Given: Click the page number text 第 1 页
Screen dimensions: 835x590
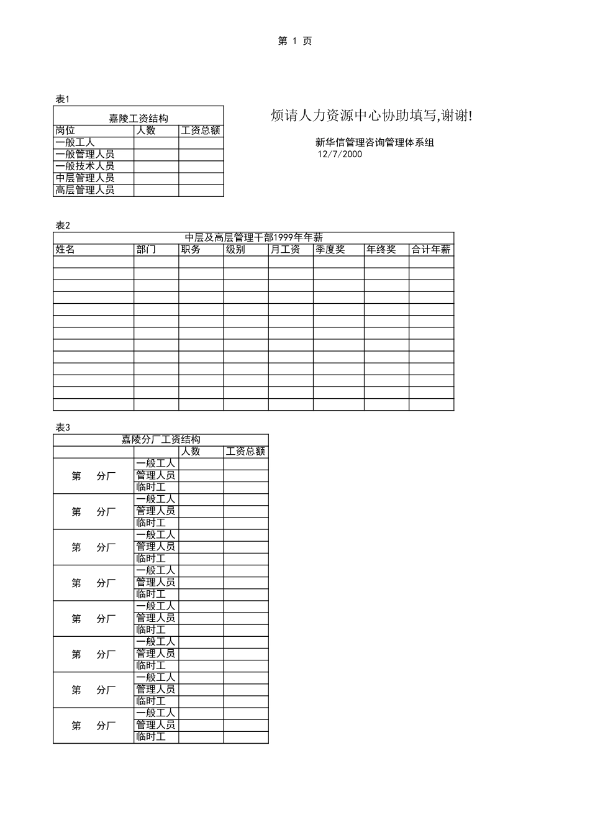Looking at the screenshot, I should click(x=295, y=41).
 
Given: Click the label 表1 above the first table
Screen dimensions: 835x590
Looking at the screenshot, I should click(x=63, y=99).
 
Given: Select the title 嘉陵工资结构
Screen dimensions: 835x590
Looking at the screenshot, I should click(x=138, y=118).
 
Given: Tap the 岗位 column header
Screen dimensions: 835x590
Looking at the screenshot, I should click(x=65, y=130).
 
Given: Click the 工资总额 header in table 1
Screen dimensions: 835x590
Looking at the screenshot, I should click(x=201, y=130).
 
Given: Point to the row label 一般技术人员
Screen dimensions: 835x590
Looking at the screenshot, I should click(x=85, y=166).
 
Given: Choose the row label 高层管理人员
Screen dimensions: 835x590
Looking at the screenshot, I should click(x=85, y=190).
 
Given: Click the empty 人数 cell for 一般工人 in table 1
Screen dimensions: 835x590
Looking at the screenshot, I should click(x=156, y=142).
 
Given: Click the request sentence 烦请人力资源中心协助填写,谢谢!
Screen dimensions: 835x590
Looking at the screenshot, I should click(x=371, y=116).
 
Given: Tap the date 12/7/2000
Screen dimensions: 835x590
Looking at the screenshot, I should click(x=340, y=154).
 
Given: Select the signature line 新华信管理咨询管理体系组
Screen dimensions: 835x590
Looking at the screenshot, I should click(x=374, y=142).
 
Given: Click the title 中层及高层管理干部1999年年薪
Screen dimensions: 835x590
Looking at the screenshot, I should click(x=253, y=237).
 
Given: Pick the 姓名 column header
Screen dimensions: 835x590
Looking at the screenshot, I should click(x=65, y=249).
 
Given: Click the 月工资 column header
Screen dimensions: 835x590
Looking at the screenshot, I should click(x=286, y=249).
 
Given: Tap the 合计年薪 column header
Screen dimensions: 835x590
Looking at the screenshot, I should click(x=431, y=249).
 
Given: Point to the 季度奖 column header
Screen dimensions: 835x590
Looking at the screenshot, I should click(x=330, y=249).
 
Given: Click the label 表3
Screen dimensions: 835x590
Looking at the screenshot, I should click(x=63, y=427).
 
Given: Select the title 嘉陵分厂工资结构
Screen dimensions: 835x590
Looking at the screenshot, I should click(x=160, y=440).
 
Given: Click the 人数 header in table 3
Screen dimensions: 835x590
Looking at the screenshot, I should click(x=191, y=452).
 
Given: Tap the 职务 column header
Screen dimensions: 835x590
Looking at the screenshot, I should click(x=191, y=249).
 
